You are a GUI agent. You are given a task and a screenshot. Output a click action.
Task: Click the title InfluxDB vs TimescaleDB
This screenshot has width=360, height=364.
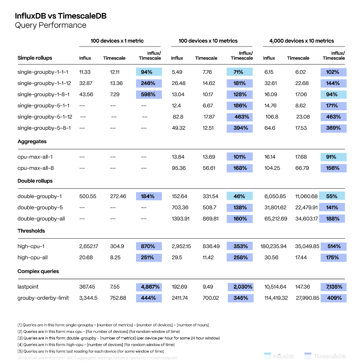pyautogui.click(x=61, y=16)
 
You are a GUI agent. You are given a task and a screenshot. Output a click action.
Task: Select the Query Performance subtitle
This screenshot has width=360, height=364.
pyautogui.click(x=50, y=25)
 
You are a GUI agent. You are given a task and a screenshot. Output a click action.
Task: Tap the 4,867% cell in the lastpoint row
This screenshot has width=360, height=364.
pyautogui.click(x=149, y=286)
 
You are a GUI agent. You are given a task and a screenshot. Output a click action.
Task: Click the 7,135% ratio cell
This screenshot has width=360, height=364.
pyautogui.click(x=333, y=286)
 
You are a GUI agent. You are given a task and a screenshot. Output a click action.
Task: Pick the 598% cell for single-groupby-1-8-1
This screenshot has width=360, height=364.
pyautogui.click(x=149, y=94)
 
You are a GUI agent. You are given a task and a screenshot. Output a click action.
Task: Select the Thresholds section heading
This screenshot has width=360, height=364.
pyautogui.click(x=31, y=231)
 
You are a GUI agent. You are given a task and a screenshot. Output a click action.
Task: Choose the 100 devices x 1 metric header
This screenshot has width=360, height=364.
pyautogui.click(x=120, y=41)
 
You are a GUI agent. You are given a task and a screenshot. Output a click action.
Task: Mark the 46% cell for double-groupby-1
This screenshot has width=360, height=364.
pyautogui.click(x=240, y=196)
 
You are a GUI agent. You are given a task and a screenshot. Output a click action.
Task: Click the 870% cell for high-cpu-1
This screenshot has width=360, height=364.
pyautogui.click(x=149, y=246)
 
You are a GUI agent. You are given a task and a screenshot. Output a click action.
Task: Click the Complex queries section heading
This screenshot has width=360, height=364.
pyautogui.click(x=38, y=271)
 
